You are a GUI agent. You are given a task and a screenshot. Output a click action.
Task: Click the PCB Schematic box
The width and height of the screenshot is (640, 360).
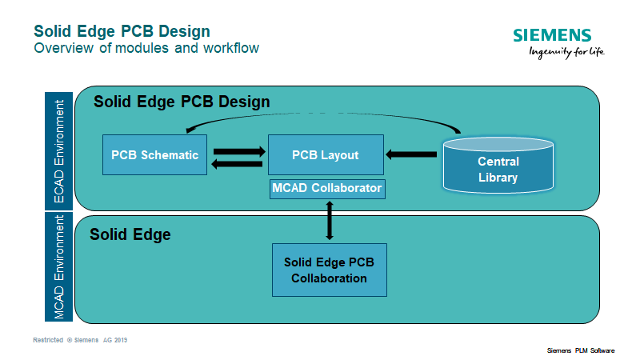[x=154, y=155]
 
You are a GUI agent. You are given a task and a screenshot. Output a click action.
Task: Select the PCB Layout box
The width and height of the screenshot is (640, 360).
[x=325, y=155]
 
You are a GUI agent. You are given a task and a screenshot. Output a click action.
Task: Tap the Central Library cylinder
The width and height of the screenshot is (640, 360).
[x=498, y=169]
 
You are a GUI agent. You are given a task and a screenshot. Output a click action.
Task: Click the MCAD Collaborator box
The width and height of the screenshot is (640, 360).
[x=327, y=189]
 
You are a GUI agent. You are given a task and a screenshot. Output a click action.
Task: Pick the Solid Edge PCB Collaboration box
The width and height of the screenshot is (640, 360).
[x=329, y=270]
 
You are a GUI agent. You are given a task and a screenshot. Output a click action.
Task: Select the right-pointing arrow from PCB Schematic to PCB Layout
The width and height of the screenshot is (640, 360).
[x=238, y=149]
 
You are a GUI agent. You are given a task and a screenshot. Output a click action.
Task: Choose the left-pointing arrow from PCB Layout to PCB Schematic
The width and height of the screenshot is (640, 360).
[x=238, y=163]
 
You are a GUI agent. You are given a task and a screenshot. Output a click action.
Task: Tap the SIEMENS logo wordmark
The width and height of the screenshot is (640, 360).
[x=553, y=36]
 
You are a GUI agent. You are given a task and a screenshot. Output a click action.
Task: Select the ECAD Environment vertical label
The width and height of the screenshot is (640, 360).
[x=58, y=151]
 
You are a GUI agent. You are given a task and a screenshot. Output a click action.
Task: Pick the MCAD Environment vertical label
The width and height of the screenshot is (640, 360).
[x=58, y=268]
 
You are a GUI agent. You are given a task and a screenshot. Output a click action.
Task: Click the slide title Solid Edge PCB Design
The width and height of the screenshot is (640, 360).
[x=122, y=31]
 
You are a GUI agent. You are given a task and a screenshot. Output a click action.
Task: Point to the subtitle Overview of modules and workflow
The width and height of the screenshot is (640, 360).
[x=146, y=48]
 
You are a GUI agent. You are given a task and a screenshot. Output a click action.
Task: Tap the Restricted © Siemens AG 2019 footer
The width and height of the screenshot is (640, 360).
[x=80, y=340]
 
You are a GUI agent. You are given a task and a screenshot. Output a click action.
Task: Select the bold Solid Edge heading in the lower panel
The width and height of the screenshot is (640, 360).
[x=130, y=235]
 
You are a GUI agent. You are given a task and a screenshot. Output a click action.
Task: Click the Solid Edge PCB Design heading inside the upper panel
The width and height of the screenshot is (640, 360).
[x=182, y=102]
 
